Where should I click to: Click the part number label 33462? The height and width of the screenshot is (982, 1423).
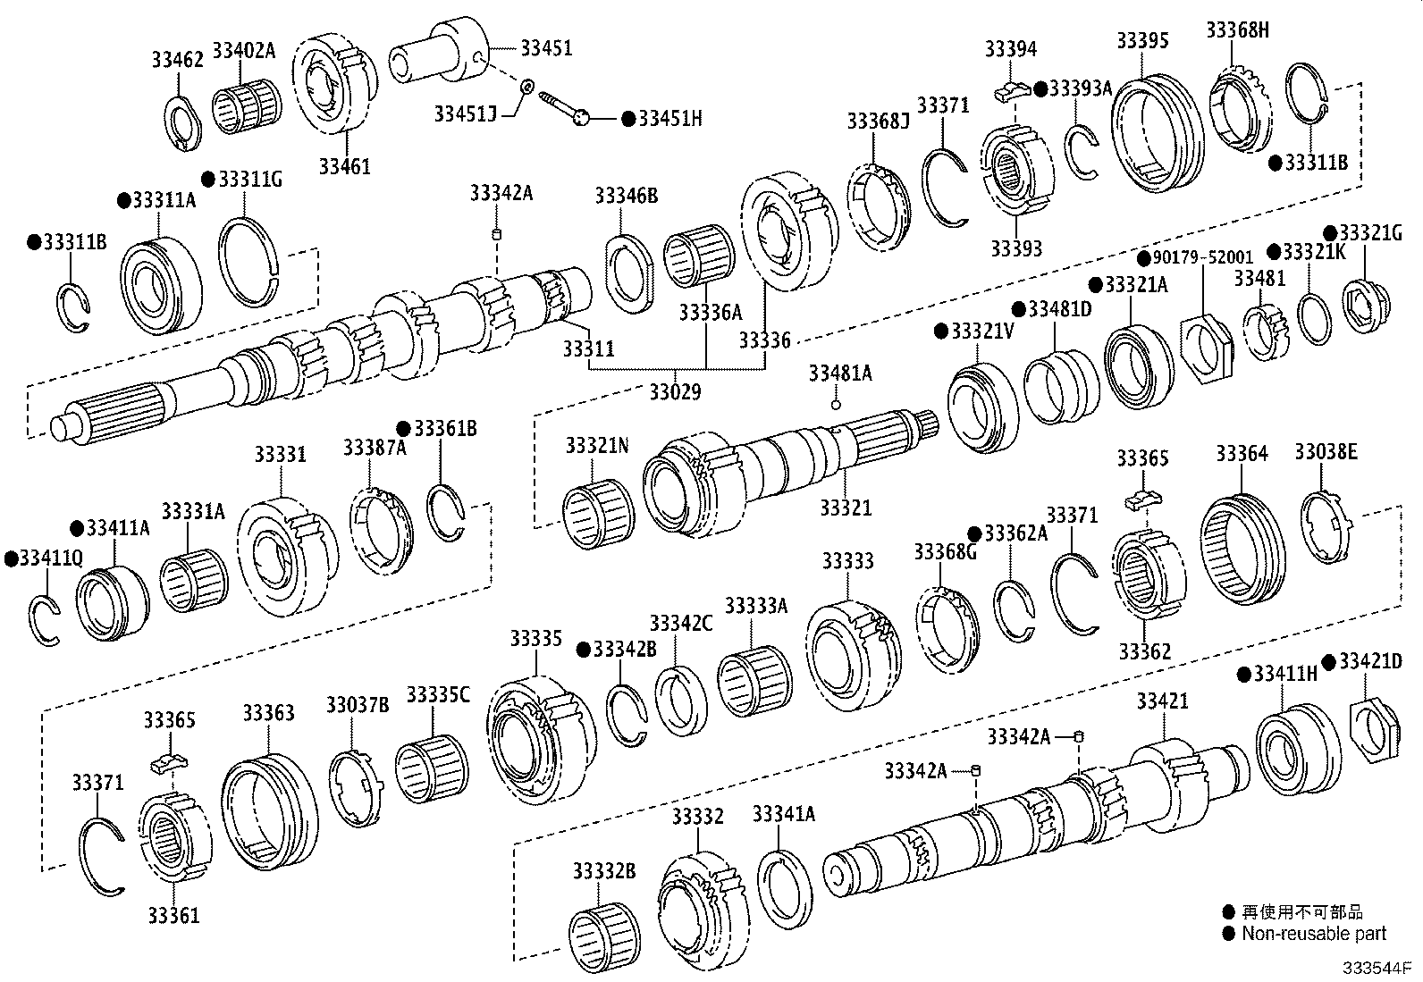177,60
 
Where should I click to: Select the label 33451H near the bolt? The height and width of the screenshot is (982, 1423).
669,119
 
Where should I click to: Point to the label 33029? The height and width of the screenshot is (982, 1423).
674,391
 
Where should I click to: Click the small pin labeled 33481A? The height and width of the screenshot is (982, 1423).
836,405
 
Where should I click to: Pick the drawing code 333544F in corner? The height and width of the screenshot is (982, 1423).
1374,969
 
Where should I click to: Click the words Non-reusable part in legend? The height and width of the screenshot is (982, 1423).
1314,934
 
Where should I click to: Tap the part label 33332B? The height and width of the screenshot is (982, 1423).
604,870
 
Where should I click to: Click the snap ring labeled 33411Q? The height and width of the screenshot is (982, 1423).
42,619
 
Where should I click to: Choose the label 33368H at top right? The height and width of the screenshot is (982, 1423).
1237,29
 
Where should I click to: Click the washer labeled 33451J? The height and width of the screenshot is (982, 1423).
527,86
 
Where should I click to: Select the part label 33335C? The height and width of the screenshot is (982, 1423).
438,694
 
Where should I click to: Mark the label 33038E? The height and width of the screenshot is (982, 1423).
1326,452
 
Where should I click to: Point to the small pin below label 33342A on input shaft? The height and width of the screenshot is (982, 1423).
498,235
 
